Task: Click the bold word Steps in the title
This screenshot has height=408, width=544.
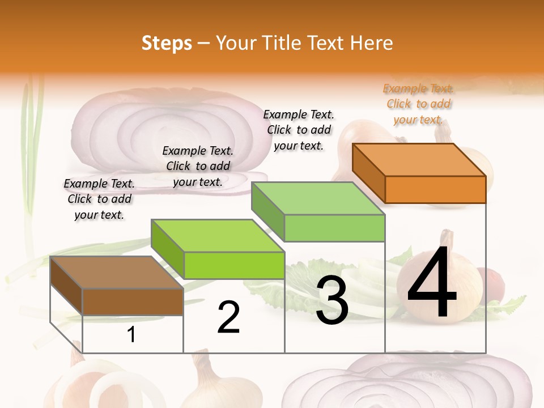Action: [x=167, y=43]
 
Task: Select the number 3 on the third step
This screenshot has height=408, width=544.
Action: [x=332, y=301]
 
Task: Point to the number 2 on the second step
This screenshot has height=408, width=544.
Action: [x=228, y=317]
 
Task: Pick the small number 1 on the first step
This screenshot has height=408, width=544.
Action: [x=131, y=335]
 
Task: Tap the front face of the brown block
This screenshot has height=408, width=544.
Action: [x=133, y=301]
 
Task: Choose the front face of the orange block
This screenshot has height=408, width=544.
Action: [x=435, y=189]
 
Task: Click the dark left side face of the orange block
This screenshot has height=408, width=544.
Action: [x=368, y=172]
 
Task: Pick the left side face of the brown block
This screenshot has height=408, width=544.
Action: [x=66, y=286]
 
